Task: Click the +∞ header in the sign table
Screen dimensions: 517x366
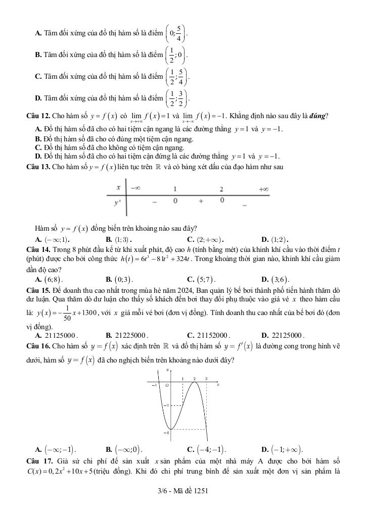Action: [x=263, y=188]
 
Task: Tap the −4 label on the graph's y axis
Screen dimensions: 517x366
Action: [x=165, y=433]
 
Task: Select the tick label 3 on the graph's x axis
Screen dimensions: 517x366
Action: [x=206, y=378]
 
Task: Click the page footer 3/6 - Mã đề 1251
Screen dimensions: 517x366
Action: [x=183, y=491]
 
